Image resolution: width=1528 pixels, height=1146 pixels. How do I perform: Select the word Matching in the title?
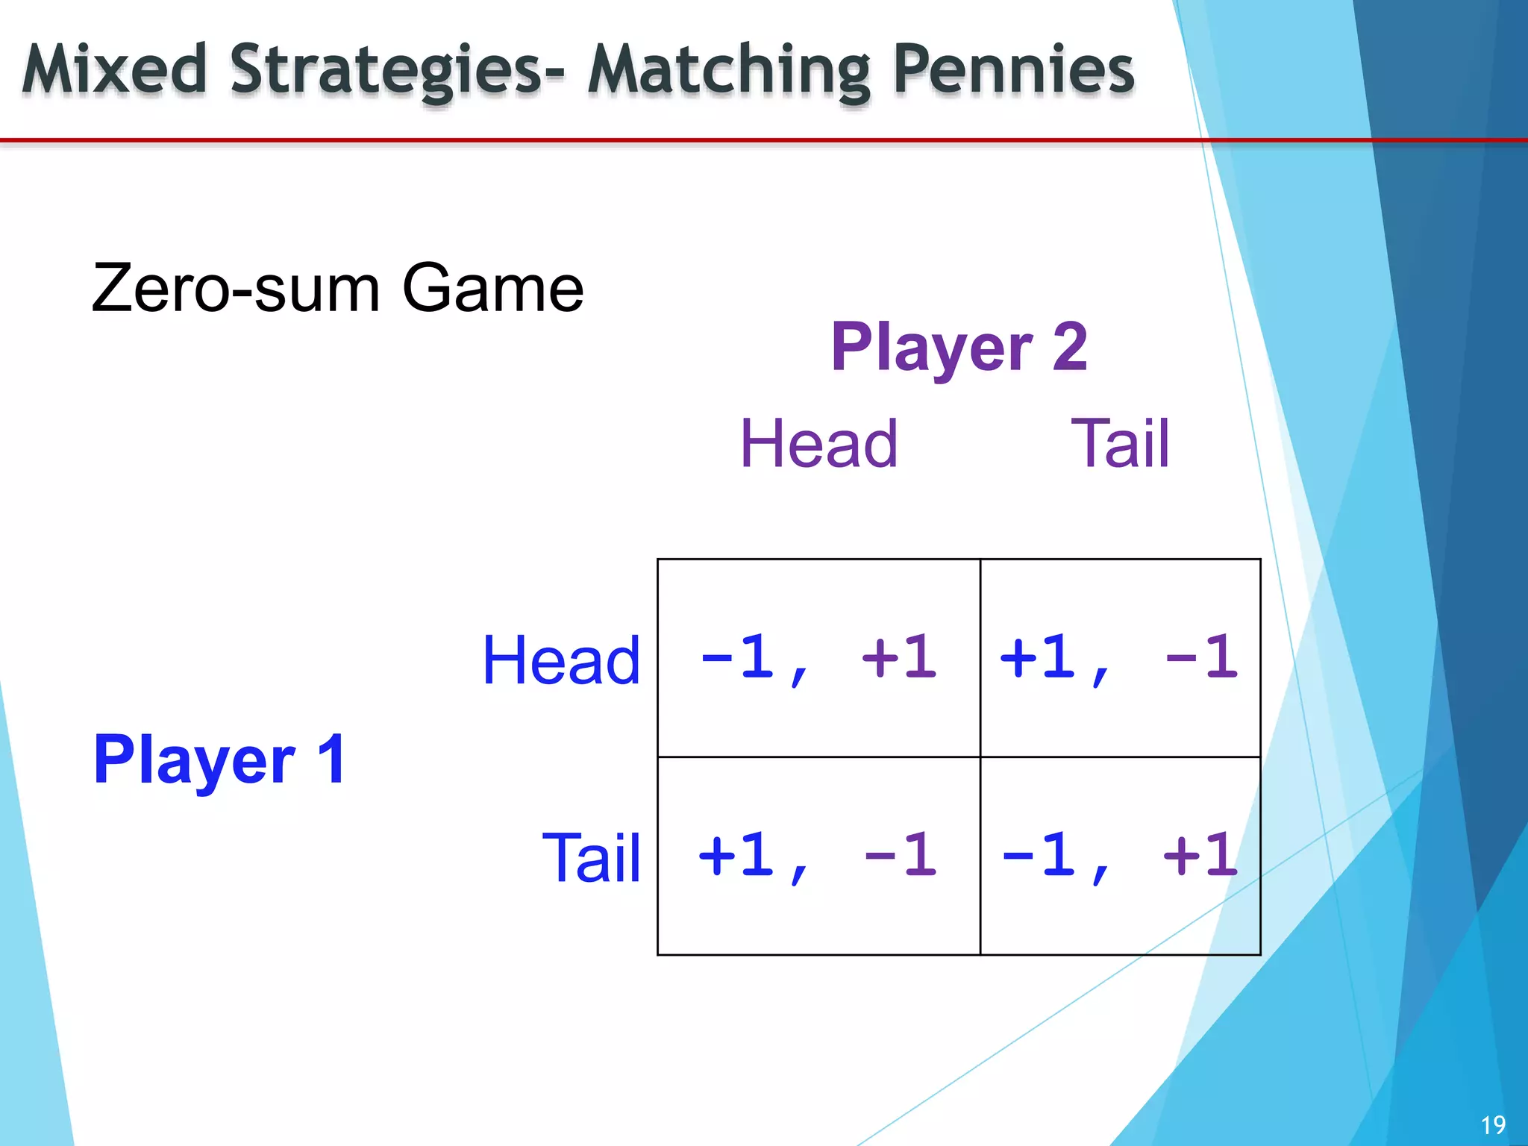(x=728, y=71)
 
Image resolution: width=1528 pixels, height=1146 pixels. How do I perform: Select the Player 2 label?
(x=959, y=347)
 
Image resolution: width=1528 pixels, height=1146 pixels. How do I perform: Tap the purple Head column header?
(x=818, y=444)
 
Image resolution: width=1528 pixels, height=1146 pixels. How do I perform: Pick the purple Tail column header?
(x=1120, y=444)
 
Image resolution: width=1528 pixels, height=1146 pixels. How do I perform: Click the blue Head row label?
(x=561, y=660)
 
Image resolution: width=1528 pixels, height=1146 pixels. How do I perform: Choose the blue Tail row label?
(x=591, y=858)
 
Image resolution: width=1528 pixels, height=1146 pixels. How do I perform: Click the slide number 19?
(x=1493, y=1124)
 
